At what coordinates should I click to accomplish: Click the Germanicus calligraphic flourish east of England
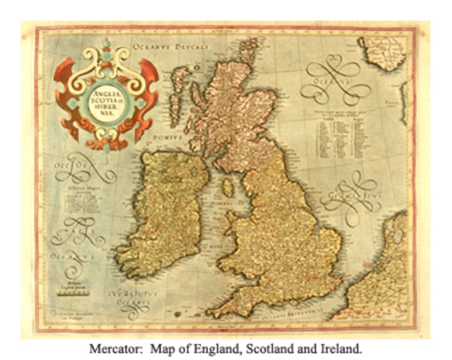pyautogui.click(x=352, y=199)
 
